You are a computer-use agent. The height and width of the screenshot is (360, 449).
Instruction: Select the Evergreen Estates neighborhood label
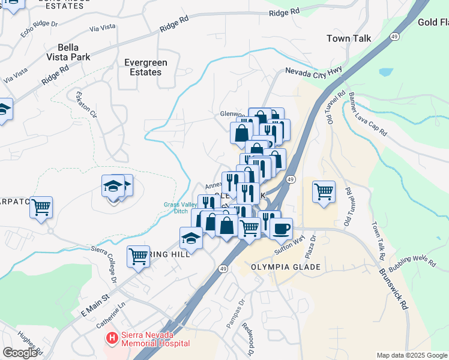click(x=145, y=67)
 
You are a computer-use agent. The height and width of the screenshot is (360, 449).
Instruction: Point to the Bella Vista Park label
click(x=74, y=52)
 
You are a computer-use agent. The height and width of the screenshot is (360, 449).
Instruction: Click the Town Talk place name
click(x=349, y=38)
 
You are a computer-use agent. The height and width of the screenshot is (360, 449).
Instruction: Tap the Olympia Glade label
click(x=277, y=266)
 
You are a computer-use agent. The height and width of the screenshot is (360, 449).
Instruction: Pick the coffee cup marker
click(x=280, y=228)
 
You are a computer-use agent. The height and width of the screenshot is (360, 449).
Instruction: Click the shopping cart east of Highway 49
click(x=324, y=192)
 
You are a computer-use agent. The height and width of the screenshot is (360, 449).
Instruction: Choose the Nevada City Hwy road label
click(x=313, y=71)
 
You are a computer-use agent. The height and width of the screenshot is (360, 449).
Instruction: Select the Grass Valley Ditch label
click(x=181, y=208)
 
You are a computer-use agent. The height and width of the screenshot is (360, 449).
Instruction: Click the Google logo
click(x=20, y=353)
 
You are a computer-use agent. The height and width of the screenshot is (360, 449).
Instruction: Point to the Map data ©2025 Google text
click(x=412, y=355)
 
